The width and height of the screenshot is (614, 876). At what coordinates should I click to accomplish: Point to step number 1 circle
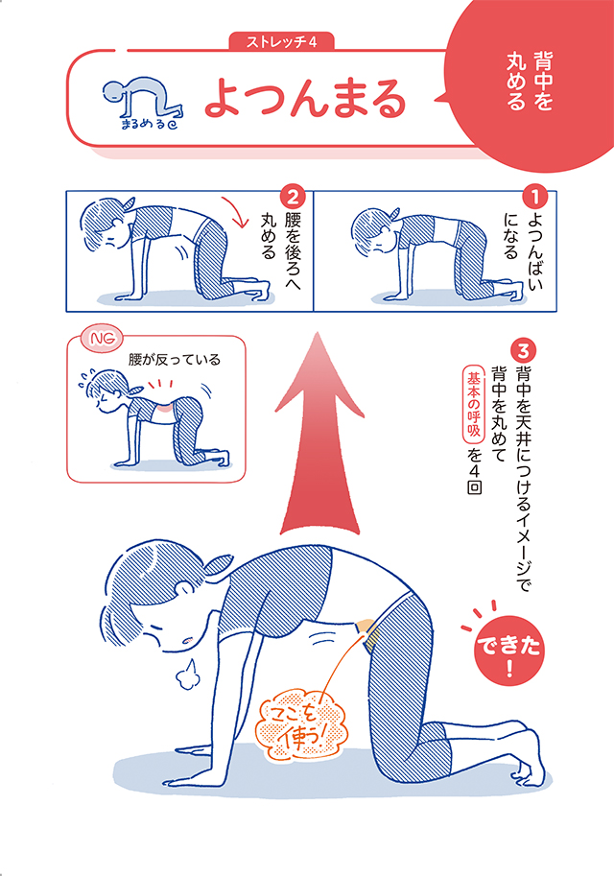pyautogui.click(x=537, y=199)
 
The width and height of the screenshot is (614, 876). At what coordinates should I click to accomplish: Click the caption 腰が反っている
pyautogui.click(x=175, y=361)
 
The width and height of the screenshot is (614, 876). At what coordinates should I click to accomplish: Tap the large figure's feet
pyautogui.click(x=518, y=745)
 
